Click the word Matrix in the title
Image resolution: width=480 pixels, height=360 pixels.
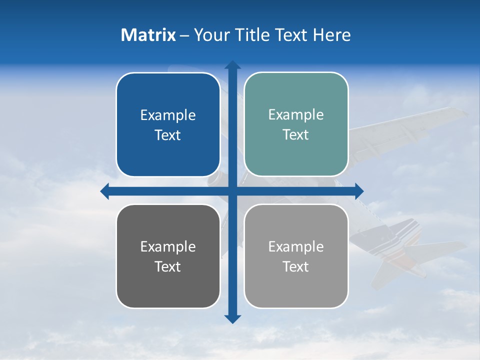coord(148,35)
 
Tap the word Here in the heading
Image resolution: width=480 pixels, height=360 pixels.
coord(332,35)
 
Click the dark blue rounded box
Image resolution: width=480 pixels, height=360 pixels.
coord(168,155)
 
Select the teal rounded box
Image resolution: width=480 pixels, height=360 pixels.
coord(296,155)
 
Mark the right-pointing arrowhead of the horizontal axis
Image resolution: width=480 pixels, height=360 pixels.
coord(359,191)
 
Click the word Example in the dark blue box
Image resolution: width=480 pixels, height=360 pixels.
coord(168,115)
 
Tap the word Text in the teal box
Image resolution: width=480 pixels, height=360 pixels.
coord(296,135)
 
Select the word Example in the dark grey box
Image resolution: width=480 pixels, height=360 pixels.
coord(168,247)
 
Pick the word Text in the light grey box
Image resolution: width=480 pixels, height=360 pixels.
coord(296,266)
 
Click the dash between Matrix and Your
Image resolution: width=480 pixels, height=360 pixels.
coord(184,35)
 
